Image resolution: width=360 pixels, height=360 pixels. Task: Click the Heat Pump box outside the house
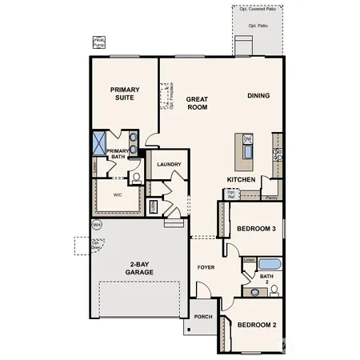99,42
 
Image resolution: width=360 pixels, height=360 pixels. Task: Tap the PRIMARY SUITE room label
126,95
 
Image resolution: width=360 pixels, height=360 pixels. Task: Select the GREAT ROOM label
197,104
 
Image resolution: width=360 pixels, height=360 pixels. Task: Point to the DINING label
258,96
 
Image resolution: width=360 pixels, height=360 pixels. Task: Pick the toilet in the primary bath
136,176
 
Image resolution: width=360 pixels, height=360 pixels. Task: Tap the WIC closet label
118,194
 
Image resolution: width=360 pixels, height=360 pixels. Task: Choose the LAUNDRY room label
169,165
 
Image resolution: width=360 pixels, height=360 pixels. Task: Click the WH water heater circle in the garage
97,226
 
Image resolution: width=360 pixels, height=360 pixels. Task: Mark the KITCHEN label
241,180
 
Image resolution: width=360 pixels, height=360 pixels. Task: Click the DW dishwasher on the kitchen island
247,139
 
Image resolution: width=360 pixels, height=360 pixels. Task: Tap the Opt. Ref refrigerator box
231,194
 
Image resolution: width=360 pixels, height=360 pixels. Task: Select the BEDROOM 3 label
256,230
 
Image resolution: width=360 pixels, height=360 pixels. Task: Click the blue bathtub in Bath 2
270,265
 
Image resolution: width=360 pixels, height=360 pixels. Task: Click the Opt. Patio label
258,26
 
